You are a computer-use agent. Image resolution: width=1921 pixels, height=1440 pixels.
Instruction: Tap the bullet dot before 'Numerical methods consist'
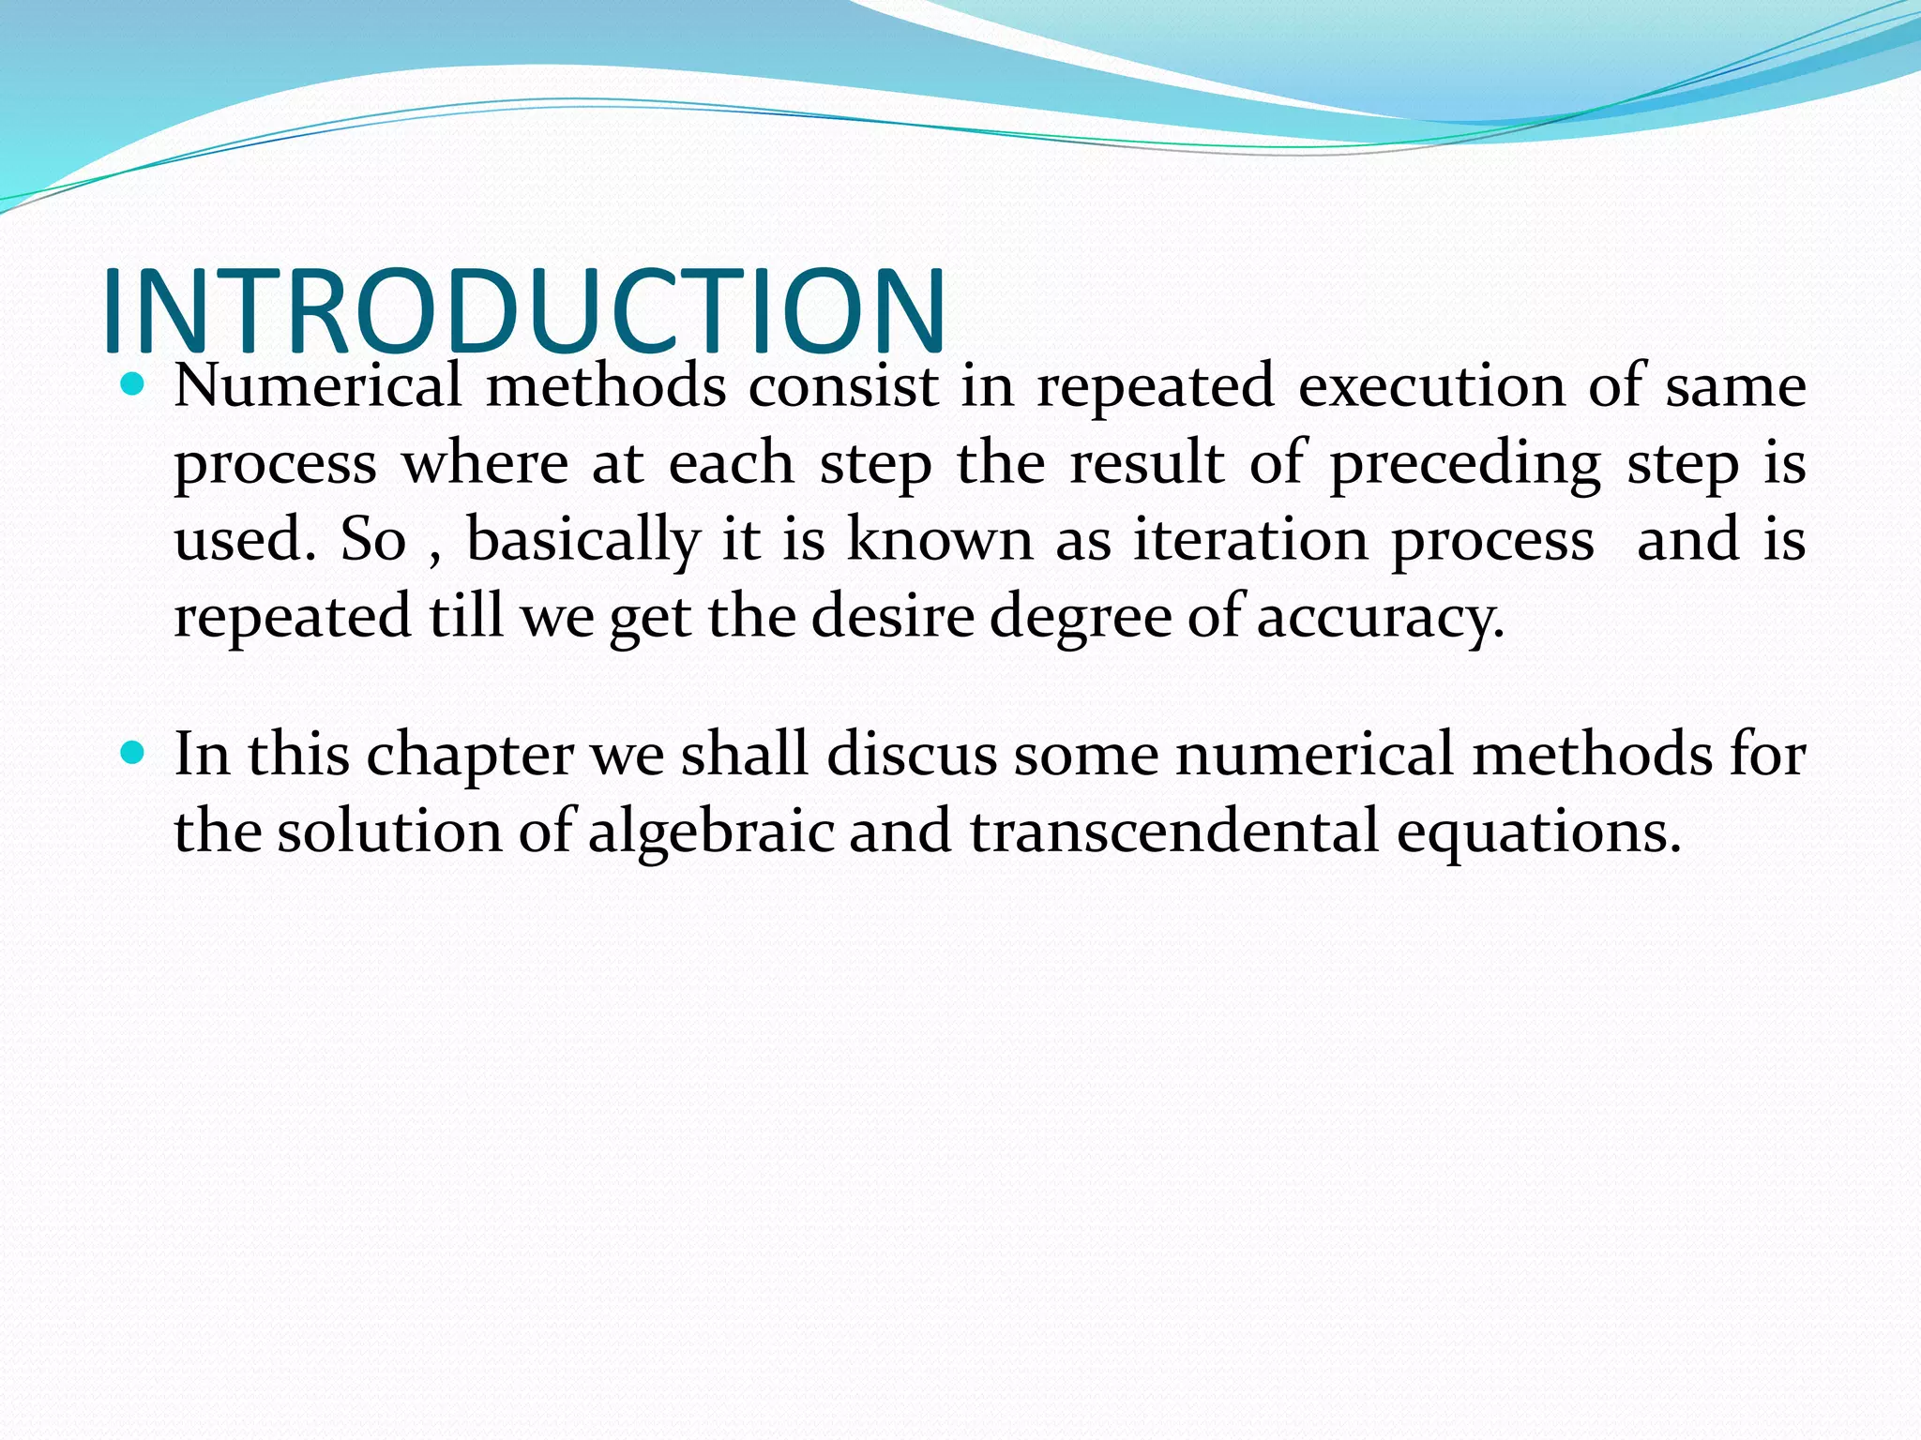[x=133, y=383]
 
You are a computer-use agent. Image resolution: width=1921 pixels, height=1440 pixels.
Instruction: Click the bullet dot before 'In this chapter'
[x=133, y=752]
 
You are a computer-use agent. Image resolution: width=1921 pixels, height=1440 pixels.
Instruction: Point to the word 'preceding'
[x=1465, y=465]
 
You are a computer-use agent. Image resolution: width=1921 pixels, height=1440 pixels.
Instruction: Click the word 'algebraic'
[x=711, y=832]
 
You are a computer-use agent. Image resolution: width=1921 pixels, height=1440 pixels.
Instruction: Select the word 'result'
[x=1146, y=463]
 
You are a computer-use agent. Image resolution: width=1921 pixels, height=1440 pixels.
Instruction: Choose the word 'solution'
[x=389, y=832]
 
